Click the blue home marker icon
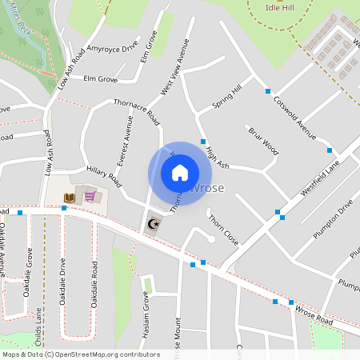click(180, 172)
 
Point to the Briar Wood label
click(262, 140)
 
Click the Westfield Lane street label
click(320, 178)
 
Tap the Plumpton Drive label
click(334, 218)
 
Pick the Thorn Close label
click(223, 230)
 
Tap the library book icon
click(70, 197)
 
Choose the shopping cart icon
click(90, 196)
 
